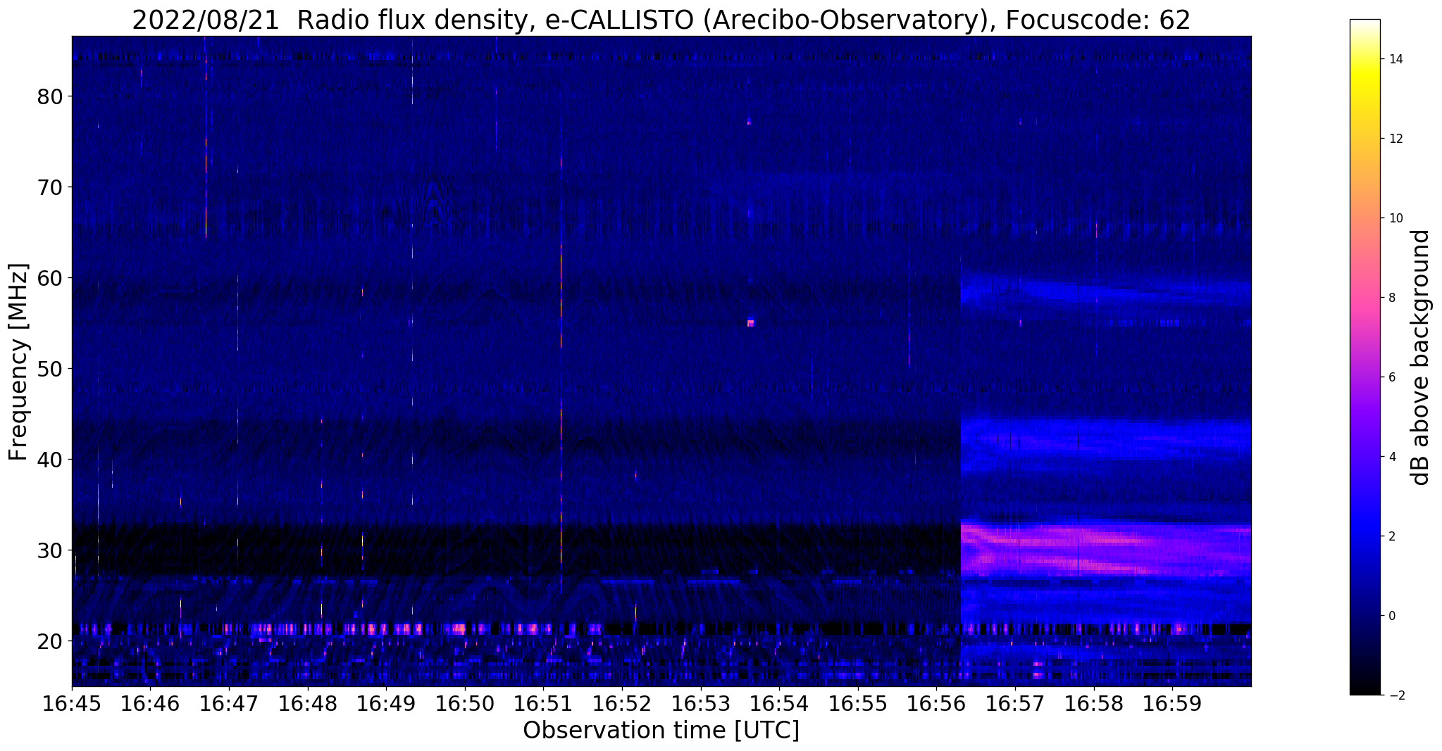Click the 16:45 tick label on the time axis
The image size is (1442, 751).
pyautogui.click(x=72, y=704)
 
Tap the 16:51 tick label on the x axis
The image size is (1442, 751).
pyautogui.click(x=543, y=704)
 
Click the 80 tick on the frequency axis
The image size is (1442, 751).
pyautogui.click(x=48, y=96)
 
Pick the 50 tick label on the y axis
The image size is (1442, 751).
pyautogui.click(x=48, y=369)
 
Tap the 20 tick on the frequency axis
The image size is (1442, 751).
pyautogui.click(x=48, y=641)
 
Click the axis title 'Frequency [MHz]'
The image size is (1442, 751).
pyautogui.click(x=19, y=362)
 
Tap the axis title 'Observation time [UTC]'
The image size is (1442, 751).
pyautogui.click(x=661, y=731)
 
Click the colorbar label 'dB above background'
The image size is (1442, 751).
pyautogui.click(x=1422, y=358)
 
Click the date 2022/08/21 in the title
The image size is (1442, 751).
pyautogui.click(x=206, y=20)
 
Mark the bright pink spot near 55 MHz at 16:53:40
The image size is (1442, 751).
pyautogui.click(x=751, y=323)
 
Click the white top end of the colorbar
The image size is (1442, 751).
pyautogui.click(x=1365, y=23)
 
